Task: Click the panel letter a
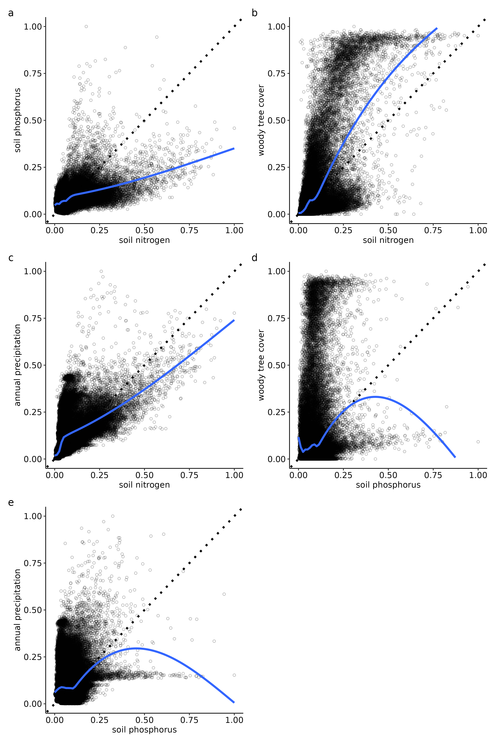[11, 13]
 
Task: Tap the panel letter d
[254, 258]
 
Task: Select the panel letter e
[11, 503]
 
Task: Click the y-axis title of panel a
[18, 120]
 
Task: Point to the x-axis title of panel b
[388, 240]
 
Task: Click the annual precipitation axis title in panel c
[18, 365]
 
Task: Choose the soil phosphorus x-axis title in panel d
[388, 485]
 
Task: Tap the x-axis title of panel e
[144, 730]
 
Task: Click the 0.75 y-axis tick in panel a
[33, 74]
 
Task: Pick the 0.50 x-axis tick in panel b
[388, 230]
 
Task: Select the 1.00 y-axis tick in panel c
[33, 271]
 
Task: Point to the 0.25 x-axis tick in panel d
[343, 475]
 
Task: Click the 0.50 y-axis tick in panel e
[33, 610]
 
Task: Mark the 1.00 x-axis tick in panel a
[234, 230]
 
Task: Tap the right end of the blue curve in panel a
[234, 148]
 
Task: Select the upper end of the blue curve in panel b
[437, 28]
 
